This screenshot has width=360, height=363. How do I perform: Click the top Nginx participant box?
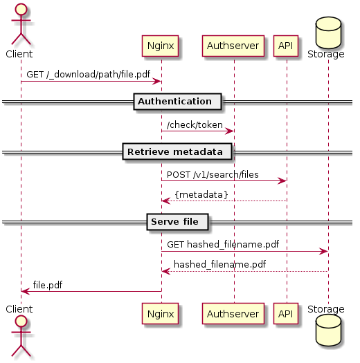160,46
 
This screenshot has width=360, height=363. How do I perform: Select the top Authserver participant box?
233,46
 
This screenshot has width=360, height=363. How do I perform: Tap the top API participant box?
286,46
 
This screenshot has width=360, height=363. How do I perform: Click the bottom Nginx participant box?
160,313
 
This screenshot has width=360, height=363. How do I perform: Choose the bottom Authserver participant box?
233,313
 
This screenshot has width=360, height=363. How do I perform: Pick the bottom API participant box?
286,313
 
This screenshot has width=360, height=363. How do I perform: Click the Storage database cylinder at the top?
328,32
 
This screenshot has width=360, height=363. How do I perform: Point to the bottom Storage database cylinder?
328,331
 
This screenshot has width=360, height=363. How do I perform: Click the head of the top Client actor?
21,10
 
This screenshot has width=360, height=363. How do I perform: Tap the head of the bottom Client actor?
21,322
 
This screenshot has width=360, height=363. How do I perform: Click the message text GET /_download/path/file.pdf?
89,74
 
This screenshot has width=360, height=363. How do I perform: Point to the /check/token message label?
195,124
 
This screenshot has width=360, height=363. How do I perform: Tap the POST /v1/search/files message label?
213,174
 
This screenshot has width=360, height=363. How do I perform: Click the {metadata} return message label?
201,195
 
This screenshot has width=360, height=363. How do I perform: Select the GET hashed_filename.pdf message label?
223,245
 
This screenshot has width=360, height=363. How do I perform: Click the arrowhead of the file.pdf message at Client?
25,292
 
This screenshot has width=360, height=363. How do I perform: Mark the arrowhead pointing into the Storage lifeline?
323,251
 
